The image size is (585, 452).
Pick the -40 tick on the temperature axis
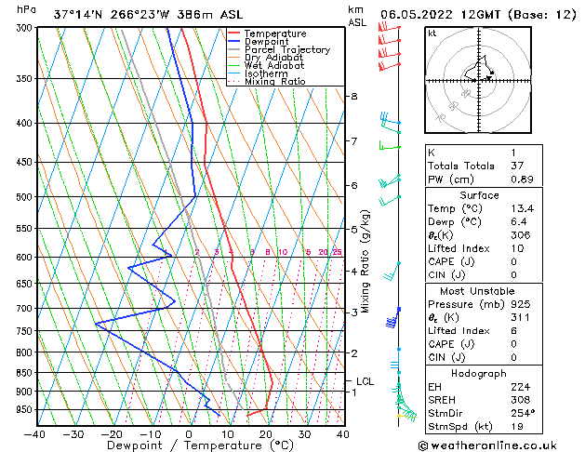(35, 434)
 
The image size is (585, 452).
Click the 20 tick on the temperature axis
(266, 434)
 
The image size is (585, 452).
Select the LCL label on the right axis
(365, 381)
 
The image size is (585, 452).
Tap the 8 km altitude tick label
(354, 97)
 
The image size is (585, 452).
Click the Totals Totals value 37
(517, 166)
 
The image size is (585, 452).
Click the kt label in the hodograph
(432, 33)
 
